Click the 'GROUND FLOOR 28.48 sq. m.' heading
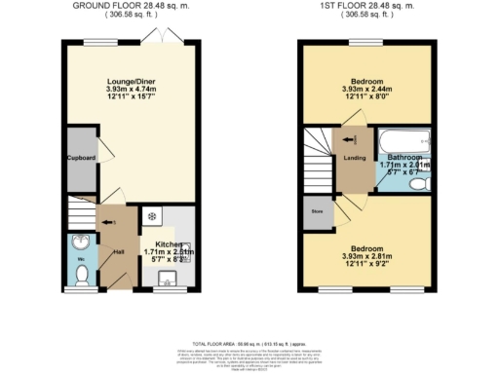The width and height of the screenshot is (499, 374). [131, 6]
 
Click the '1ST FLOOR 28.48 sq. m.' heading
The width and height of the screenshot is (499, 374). [367, 6]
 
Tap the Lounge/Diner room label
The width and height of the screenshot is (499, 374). [131, 83]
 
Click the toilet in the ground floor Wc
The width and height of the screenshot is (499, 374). [82, 274]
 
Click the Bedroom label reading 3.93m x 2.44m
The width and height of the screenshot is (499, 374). [367, 83]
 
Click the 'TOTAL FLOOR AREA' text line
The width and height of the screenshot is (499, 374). [249, 346]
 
